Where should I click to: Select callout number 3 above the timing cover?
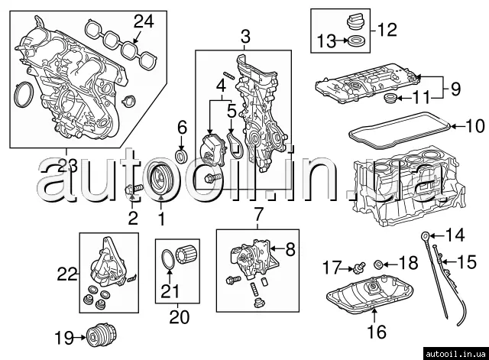(244, 36)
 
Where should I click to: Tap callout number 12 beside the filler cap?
(387, 31)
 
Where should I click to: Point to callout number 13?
(327, 41)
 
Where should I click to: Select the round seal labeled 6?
(182, 157)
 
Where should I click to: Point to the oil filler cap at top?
(352, 22)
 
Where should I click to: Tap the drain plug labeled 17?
(355, 268)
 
